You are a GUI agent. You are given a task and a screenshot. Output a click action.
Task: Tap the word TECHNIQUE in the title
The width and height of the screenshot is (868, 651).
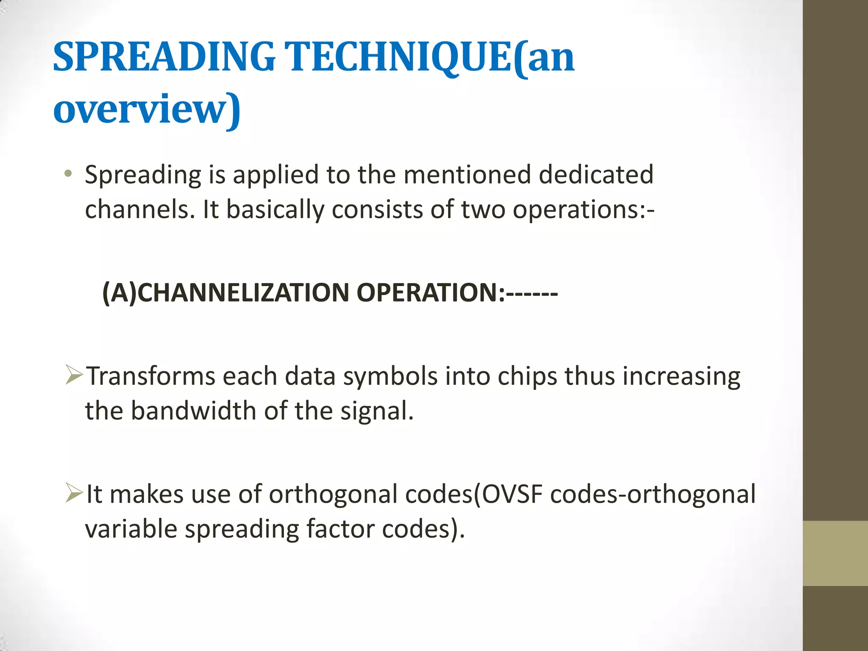(398, 57)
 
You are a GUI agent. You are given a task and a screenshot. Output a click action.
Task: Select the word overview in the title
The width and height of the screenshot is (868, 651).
(140, 109)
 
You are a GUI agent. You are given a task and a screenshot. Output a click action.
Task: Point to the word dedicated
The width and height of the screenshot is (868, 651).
(595, 175)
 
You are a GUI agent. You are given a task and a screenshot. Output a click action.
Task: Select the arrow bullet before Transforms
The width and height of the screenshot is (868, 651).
(74, 375)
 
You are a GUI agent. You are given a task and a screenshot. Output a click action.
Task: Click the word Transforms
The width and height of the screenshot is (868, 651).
(151, 376)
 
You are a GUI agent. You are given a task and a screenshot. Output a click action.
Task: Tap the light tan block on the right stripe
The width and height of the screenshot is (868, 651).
(835, 553)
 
